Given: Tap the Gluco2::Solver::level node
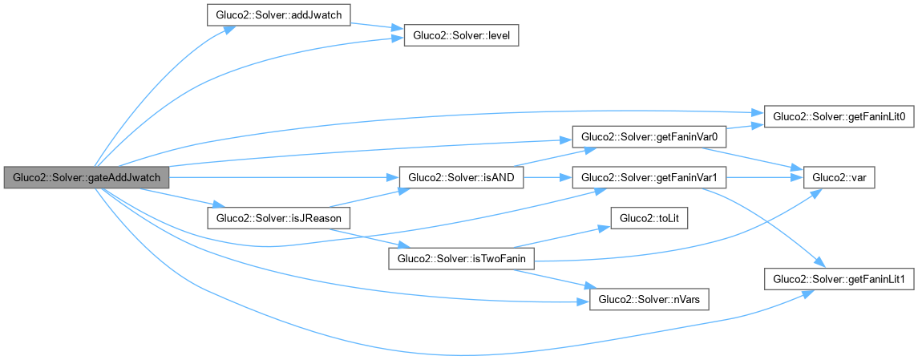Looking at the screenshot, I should (461, 36).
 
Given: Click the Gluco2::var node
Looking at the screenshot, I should (839, 177).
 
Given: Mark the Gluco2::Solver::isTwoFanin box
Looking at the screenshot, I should (461, 257).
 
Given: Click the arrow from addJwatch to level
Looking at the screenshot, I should (377, 28).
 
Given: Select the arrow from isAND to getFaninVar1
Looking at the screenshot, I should (547, 177).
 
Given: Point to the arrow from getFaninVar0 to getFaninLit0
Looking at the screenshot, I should (746, 127).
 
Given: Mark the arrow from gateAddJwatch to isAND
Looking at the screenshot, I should (281, 177).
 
